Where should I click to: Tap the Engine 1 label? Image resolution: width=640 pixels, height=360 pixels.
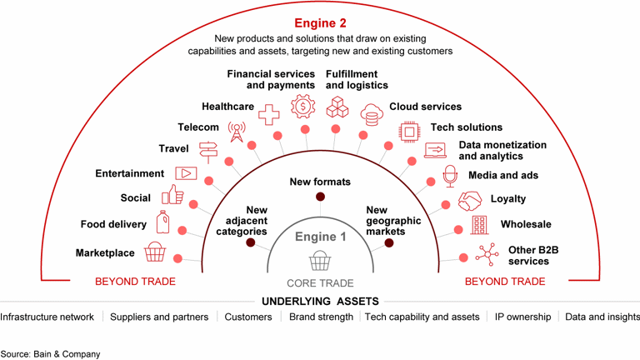point(320,237)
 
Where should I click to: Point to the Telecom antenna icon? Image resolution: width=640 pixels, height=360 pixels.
point(237,132)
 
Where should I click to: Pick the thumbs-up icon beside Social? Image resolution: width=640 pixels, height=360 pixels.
point(173,195)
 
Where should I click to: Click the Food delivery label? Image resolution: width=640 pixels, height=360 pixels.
point(113,224)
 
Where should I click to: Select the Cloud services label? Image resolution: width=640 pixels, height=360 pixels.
point(425,107)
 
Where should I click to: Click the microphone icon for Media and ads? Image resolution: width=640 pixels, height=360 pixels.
point(450,175)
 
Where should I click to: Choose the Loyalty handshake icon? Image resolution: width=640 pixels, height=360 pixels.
point(470,201)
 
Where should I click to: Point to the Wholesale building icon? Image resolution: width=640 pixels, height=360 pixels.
point(479,225)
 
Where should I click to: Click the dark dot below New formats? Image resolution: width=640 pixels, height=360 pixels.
point(320,197)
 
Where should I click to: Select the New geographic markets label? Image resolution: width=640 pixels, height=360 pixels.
point(386,221)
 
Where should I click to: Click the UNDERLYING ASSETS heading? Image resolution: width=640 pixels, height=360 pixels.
point(320,301)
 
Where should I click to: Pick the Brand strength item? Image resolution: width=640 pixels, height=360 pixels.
point(321,317)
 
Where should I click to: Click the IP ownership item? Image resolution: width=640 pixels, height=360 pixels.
point(522,317)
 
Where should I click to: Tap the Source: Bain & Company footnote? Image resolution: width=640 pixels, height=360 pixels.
point(50,353)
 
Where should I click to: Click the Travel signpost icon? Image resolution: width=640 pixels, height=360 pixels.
point(207,151)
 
